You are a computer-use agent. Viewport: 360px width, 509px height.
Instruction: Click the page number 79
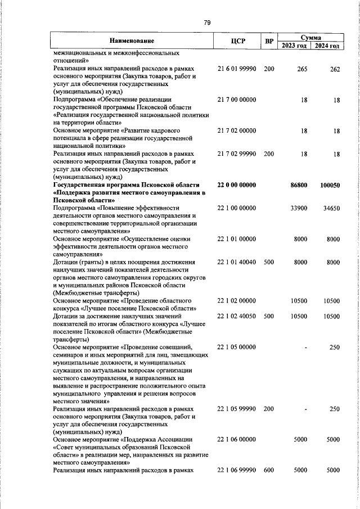click(206, 22)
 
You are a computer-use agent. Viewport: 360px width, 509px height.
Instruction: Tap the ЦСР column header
click(236, 41)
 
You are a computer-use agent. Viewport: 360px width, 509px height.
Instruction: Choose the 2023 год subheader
click(294, 46)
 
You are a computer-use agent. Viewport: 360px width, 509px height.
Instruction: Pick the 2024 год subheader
click(327, 46)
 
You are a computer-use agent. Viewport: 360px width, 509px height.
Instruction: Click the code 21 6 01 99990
click(237, 69)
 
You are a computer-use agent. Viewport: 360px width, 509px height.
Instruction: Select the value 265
click(302, 69)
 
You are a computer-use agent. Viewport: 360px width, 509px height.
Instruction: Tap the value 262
click(335, 69)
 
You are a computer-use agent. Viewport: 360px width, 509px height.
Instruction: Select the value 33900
click(298, 209)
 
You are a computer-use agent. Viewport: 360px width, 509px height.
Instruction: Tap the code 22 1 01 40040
click(237, 262)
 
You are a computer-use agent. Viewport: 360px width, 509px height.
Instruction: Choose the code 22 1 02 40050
click(237, 316)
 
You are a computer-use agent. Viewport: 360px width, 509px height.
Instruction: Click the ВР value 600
click(269, 470)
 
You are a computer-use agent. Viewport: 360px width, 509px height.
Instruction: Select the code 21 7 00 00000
click(237, 100)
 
